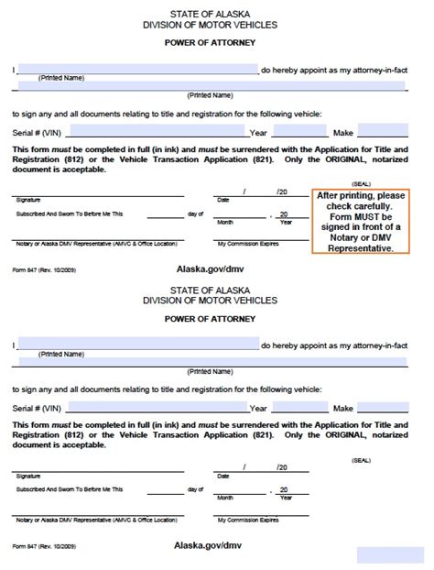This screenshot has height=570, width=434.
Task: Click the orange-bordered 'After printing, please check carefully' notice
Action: pyautogui.click(x=360, y=222)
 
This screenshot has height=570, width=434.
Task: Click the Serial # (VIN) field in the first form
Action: pyautogui.click(x=157, y=130)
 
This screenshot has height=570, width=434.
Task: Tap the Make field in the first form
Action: pyautogui.click(x=383, y=130)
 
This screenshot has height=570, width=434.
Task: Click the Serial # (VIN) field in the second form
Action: pyautogui.click(x=157, y=407)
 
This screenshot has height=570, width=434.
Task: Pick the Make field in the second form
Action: pyautogui.click(x=383, y=407)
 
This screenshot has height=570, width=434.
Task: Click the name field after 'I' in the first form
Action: pyautogui.click(x=137, y=69)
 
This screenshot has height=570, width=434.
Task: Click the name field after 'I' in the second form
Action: pyautogui.click(x=137, y=345)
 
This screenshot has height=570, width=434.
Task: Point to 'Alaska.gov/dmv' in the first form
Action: pyautogui.click(x=210, y=269)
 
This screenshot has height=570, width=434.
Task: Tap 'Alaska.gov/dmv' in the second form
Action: pyautogui.click(x=210, y=544)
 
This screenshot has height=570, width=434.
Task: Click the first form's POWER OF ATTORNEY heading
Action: pyautogui.click(x=210, y=43)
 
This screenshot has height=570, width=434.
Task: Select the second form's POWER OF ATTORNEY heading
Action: pyautogui.click(x=210, y=320)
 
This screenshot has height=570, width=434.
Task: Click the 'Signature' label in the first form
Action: pyautogui.click(x=28, y=199)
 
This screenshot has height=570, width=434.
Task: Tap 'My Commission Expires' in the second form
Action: pyautogui.click(x=247, y=521)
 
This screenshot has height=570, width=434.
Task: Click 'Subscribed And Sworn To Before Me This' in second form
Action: pyautogui.click(x=69, y=490)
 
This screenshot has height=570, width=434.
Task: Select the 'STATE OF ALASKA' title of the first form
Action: pyautogui.click(x=210, y=14)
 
